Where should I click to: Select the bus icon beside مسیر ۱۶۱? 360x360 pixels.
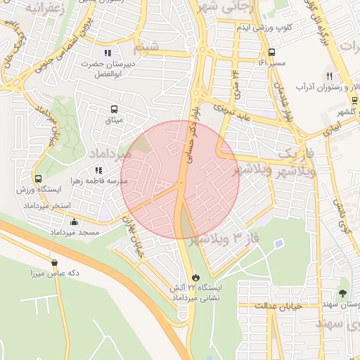point(271,52)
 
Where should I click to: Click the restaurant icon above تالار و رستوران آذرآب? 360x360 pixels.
point(328,76)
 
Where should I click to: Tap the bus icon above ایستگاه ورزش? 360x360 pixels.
point(38,179)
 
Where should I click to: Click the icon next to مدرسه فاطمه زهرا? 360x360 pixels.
point(98,169)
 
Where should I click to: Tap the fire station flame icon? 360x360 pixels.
point(195,277)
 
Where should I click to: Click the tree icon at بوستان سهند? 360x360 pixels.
point(343,293)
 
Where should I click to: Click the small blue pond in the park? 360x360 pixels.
point(279,244)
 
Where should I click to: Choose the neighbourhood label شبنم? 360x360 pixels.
point(150,48)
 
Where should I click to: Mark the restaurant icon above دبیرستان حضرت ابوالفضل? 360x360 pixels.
point(107,53)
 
